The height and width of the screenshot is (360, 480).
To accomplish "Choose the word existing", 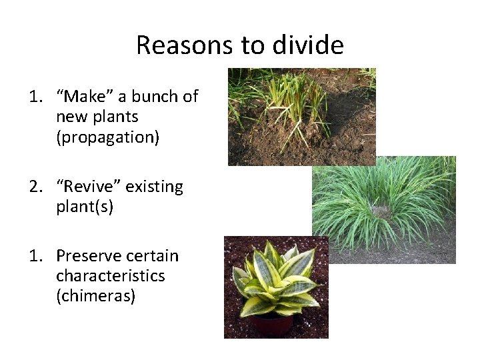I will [x=155, y=187].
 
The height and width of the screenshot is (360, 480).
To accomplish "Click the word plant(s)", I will [x=85, y=207].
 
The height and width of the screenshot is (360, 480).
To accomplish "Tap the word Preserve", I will [x=88, y=256].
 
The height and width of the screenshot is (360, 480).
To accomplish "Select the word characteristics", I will [x=110, y=276].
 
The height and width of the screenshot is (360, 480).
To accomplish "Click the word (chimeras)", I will [x=96, y=295].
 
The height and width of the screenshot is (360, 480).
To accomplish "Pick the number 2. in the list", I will [x=36, y=187].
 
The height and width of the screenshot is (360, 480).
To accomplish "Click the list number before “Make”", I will [x=36, y=97].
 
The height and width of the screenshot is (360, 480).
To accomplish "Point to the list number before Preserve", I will [x=36, y=256].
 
